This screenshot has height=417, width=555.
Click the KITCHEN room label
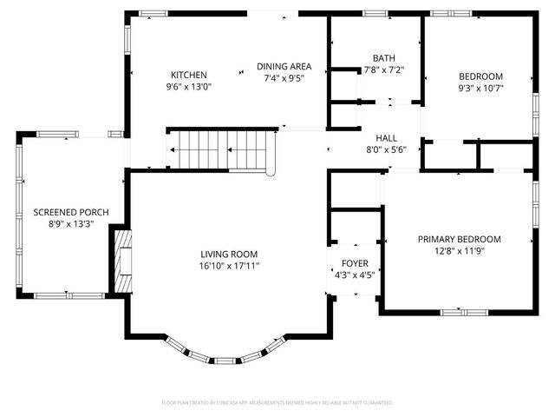[x=188, y=75]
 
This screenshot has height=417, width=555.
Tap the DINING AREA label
[x=284, y=66]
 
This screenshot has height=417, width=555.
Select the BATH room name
[x=383, y=57]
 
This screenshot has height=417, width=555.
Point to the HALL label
[x=386, y=138]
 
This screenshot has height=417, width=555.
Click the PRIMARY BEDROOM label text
[x=459, y=239]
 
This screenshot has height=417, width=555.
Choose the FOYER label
[x=354, y=262]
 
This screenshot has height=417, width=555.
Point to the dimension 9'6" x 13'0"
[x=188, y=87]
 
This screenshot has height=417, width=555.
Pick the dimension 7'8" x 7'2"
[x=383, y=69]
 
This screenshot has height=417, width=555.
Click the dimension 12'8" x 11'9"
[x=459, y=251]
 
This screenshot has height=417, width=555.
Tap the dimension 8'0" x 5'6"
[x=386, y=149]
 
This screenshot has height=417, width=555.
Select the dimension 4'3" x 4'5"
[x=354, y=275]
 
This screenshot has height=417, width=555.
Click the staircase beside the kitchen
[x=221, y=149]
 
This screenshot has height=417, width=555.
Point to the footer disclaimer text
[x=277, y=403]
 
